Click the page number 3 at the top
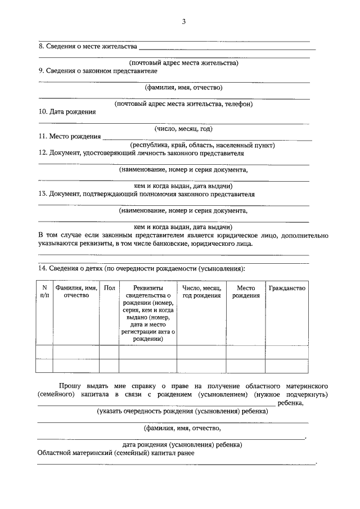tap(183, 22)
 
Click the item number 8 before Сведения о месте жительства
tap(40, 46)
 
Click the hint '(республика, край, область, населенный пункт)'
tap(202, 145)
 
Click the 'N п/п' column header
tap(44, 291)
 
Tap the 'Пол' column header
tap(109, 288)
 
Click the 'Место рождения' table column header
tap(246, 291)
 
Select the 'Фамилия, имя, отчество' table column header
tap(76, 291)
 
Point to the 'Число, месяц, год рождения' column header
tap(201, 291)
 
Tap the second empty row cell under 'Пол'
tap(109, 366)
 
